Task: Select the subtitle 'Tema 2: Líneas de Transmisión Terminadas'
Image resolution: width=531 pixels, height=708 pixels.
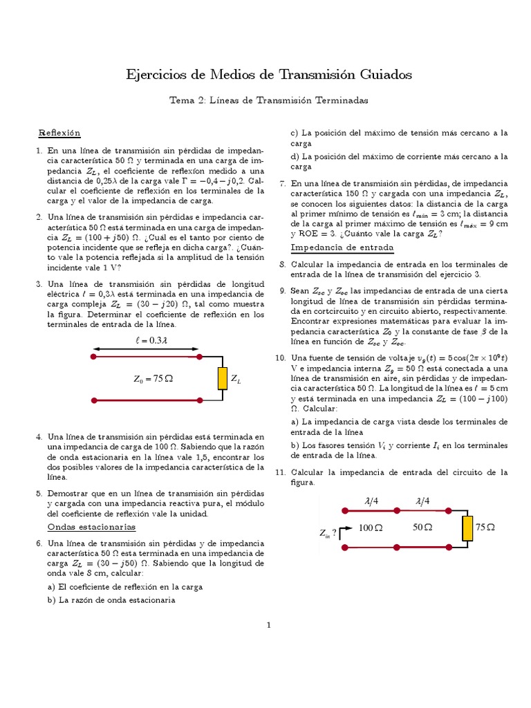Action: click(x=269, y=100)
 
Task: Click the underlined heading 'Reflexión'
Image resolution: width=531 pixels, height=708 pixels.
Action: click(x=59, y=132)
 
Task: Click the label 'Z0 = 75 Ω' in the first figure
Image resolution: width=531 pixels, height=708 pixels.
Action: click(x=153, y=379)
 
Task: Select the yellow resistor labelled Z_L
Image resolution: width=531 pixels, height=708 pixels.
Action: click(x=222, y=379)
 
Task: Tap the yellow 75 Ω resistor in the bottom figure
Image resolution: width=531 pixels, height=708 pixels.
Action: click(x=468, y=528)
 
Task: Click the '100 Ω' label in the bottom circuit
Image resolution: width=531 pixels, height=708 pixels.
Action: click(x=371, y=528)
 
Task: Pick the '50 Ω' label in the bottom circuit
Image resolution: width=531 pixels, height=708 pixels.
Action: click(x=422, y=528)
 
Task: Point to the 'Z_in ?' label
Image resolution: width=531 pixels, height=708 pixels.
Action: click(x=328, y=533)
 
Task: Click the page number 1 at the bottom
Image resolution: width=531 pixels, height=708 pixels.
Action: click(x=269, y=626)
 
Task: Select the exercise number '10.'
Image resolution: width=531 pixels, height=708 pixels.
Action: click(x=280, y=358)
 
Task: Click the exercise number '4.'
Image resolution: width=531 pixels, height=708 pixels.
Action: click(x=39, y=438)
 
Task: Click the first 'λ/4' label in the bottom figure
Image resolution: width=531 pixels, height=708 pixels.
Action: click(x=371, y=501)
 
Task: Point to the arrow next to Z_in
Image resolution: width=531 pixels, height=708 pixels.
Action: click(x=346, y=530)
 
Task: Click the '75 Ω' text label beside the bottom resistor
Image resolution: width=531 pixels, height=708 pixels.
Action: click(x=485, y=528)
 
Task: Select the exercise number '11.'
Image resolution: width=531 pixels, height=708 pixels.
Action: click(x=280, y=473)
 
